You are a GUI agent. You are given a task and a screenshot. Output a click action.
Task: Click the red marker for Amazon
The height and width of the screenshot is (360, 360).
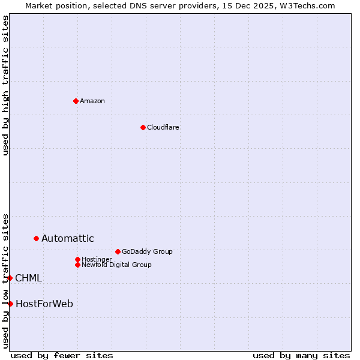click(x=76, y=101)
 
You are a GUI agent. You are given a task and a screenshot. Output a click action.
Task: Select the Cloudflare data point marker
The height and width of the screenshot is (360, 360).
click(x=143, y=127)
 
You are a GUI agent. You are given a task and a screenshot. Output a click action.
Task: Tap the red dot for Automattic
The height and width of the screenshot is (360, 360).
click(x=36, y=239)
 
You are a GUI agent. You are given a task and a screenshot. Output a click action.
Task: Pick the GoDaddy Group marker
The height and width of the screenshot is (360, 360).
click(x=118, y=251)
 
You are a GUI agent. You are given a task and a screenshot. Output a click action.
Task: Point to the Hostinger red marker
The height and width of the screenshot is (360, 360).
click(x=77, y=259)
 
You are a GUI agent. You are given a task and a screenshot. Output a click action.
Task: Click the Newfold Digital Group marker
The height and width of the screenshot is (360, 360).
click(x=77, y=265)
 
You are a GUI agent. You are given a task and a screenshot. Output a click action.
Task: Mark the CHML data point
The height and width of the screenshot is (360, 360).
click(x=10, y=278)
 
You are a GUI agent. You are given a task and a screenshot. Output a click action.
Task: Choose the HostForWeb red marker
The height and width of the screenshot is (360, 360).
click(x=10, y=304)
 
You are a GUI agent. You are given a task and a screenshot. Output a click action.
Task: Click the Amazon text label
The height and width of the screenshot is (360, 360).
click(x=92, y=101)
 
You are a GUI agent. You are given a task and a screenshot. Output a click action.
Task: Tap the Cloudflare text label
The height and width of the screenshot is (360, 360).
click(x=163, y=127)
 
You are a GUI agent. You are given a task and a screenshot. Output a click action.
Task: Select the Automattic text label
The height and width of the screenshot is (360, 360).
click(x=67, y=239)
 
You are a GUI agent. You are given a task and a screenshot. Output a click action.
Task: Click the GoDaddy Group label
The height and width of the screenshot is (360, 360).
click(x=147, y=251)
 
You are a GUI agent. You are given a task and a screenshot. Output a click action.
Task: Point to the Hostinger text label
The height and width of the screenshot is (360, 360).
click(x=97, y=259)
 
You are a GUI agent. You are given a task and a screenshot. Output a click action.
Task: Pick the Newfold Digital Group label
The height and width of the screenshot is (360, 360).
click(x=116, y=265)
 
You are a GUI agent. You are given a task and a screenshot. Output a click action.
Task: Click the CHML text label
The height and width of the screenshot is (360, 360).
click(x=28, y=278)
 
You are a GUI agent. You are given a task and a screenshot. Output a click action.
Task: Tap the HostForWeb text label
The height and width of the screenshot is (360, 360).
click(x=44, y=304)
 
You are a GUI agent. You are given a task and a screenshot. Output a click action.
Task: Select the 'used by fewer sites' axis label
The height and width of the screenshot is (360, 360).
click(x=62, y=355)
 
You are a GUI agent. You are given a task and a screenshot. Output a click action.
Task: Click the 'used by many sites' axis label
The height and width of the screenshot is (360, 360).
click(x=301, y=355)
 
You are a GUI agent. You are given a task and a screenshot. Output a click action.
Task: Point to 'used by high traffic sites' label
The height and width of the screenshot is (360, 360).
click(x=5, y=85)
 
